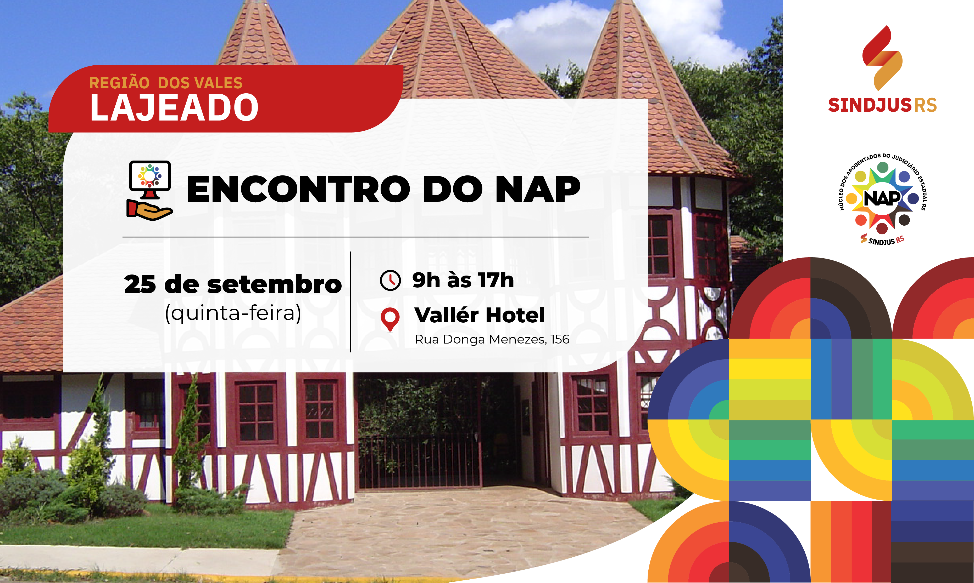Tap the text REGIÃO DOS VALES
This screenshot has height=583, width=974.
(x=165, y=83)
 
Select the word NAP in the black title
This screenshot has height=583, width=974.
(x=538, y=189)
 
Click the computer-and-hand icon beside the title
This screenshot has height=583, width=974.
(x=150, y=191)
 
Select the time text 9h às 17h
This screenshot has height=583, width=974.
(x=463, y=280)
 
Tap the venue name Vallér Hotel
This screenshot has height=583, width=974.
(x=479, y=315)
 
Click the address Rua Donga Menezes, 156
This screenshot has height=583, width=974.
(x=492, y=339)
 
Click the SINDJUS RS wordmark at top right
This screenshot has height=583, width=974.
(x=882, y=105)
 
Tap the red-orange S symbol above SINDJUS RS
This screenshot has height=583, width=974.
(x=882, y=58)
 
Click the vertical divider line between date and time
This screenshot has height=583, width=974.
(x=350, y=302)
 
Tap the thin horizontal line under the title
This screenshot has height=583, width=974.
(x=355, y=237)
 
